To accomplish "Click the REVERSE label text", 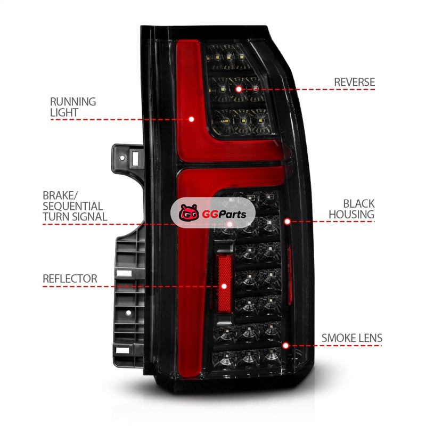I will point(354,82).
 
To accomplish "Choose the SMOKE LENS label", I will point(352,338).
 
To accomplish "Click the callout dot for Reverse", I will point(239,89).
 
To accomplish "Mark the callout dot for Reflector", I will point(224,286).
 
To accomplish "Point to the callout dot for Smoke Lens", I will point(285,346).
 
